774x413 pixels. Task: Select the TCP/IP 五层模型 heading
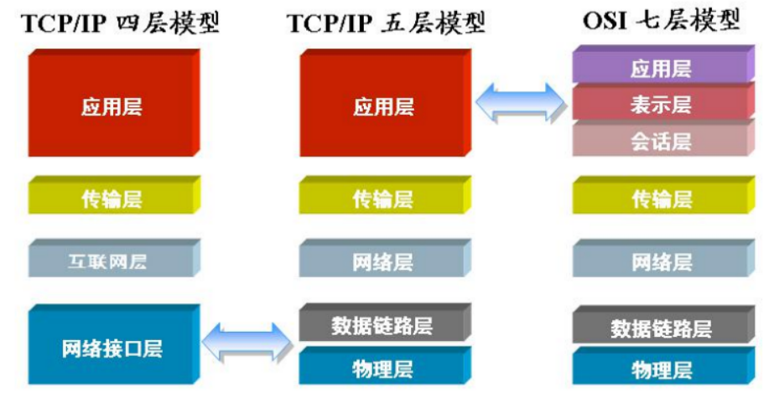(x=387, y=23)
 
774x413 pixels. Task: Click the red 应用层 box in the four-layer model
(x=112, y=106)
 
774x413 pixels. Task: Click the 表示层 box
(x=661, y=105)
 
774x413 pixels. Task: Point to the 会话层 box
(x=661, y=140)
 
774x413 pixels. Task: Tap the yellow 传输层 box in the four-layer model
(x=112, y=199)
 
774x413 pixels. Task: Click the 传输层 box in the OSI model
(x=661, y=199)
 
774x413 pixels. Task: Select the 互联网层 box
(x=112, y=261)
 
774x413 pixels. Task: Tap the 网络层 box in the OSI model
(x=661, y=261)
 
